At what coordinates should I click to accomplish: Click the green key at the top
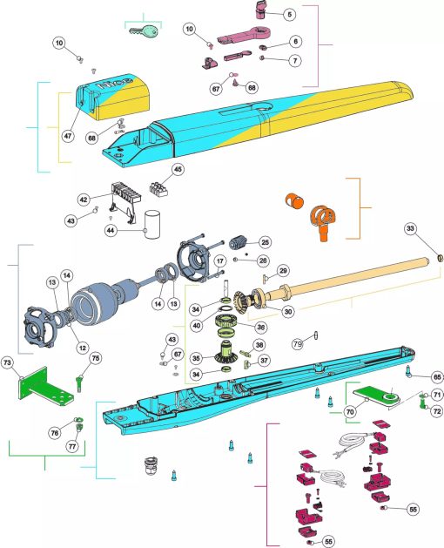[144, 31]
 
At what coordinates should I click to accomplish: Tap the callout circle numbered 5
[289, 14]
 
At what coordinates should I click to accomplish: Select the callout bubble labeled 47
[68, 136]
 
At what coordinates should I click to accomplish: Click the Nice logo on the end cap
[115, 83]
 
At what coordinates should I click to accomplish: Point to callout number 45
[178, 170]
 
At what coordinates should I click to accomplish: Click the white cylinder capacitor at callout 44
[152, 225]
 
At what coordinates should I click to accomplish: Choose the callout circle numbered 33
[410, 229]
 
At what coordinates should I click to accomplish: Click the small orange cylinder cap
[293, 200]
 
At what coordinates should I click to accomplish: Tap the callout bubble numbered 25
[266, 242]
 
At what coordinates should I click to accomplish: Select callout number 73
[8, 362]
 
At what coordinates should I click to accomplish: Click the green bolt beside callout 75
[79, 383]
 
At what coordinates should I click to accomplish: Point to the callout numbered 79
[297, 344]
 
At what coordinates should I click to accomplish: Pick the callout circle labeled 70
[350, 412]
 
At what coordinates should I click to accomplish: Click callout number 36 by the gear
[260, 327]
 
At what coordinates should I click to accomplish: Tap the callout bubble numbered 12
[83, 348]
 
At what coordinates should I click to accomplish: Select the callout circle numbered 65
[437, 377]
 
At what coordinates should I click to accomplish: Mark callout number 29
[283, 271]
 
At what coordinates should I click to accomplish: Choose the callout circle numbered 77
[72, 446]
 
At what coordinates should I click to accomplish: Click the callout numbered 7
[295, 60]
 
